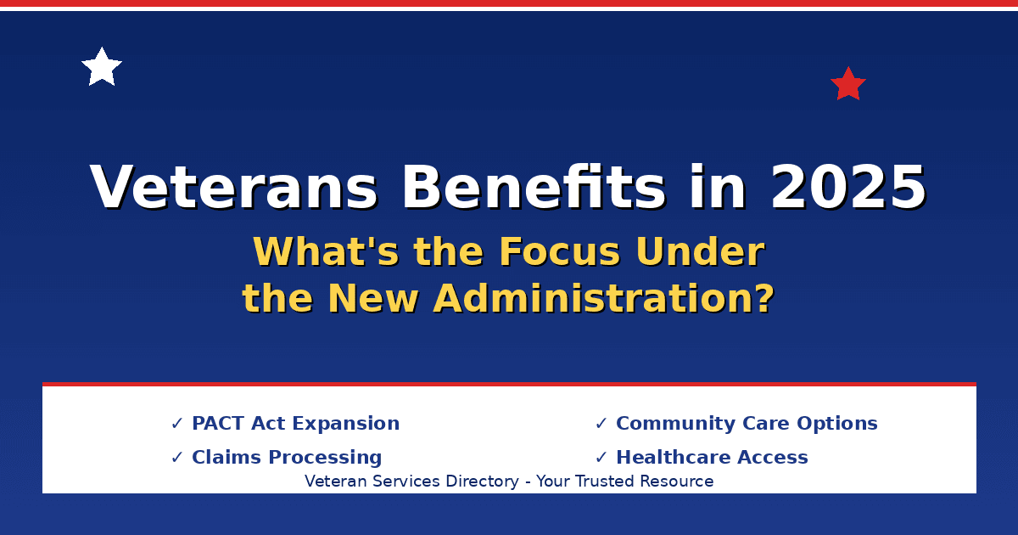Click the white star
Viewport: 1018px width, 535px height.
102,68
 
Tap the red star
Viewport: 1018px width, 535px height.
847,85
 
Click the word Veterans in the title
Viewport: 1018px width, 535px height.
233,188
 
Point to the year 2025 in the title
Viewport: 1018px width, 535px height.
847,188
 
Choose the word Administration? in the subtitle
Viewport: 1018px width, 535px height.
604,299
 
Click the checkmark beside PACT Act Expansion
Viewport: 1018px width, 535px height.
177,424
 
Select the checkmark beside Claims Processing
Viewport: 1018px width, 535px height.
177,458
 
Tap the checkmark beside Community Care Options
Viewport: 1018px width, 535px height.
601,424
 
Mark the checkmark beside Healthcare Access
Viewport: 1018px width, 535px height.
601,458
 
